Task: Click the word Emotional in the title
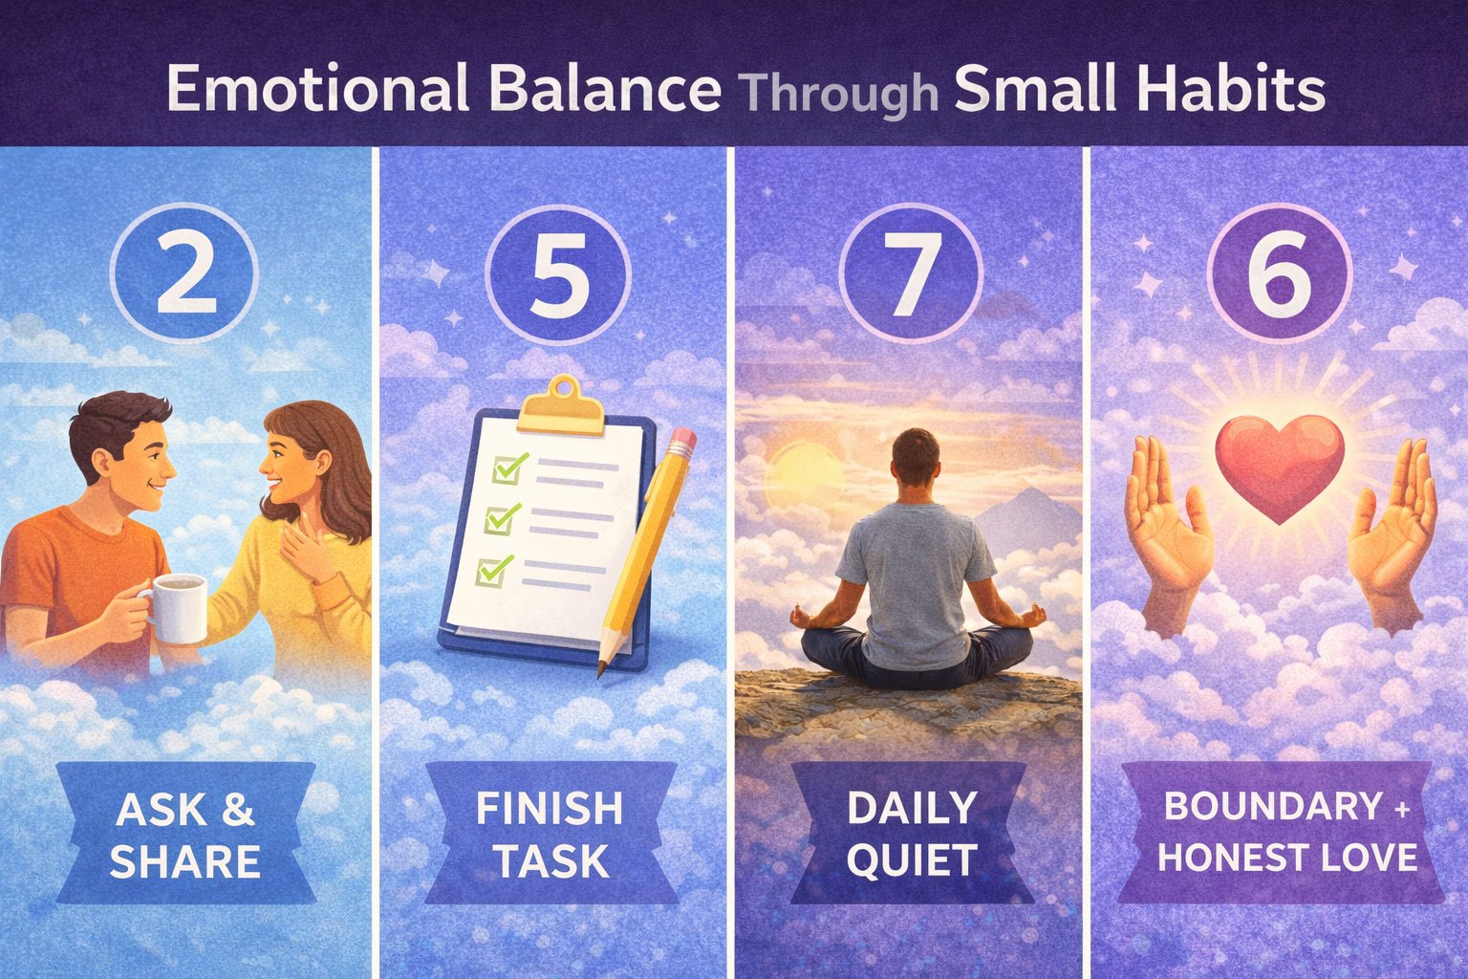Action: pos(318,88)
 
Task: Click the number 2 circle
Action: pos(184,274)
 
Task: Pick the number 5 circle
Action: pos(558,274)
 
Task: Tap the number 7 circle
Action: pos(911,274)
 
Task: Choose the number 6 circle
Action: pos(1280,274)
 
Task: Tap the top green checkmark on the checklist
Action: pos(510,467)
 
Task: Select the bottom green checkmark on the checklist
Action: pos(493,571)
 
